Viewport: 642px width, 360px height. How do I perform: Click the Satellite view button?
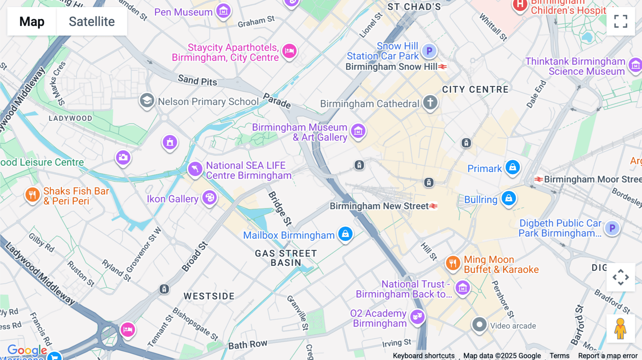pyautogui.click(x=92, y=21)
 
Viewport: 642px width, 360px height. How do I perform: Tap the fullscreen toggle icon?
pyautogui.click(x=621, y=21)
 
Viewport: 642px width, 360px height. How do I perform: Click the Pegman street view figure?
pyautogui.click(x=620, y=328)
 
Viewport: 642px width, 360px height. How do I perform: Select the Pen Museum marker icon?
pyautogui.click(x=224, y=11)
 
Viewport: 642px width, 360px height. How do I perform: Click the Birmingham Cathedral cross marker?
pyautogui.click(x=430, y=102)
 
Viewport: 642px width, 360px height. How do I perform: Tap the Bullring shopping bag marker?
pyautogui.click(x=509, y=198)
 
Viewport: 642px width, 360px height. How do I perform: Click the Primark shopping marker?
pyautogui.click(x=513, y=167)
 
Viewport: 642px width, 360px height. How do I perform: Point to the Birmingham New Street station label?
pyautogui.click(x=379, y=206)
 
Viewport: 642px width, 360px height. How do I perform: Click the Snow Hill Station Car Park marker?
pyautogui.click(x=429, y=51)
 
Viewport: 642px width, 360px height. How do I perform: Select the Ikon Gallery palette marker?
pyautogui.click(x=210, y=197)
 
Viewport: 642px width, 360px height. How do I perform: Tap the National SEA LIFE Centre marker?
pyautogui.click(x=195, y=168)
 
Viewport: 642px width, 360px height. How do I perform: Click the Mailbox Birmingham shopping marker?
pyautogui.click(x=345, y=234)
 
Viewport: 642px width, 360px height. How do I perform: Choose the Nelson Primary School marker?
pyautogui.click(x=147, y=101)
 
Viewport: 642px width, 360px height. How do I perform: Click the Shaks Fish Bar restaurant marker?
pyautogui.click(x=32, y=195)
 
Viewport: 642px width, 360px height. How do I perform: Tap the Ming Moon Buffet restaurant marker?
pyautogui.click(x=453, y=263)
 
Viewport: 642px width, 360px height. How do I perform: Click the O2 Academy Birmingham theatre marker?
pyautogui.click(x=417, y=316)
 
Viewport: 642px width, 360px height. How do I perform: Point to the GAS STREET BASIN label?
pyautogui.click(x=286, y=258)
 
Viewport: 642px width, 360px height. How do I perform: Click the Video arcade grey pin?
pyautogui.click(x=479, y=325)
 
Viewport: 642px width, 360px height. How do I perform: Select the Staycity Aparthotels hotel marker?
pyautogui.click(x=289, y=51)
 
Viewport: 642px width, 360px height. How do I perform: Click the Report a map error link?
pyautogui.click(x=608, y=356)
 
